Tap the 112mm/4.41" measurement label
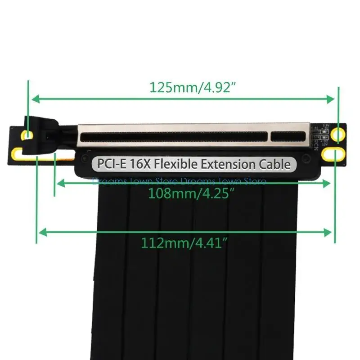[x=184, y=243]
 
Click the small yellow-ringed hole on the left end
[x=27, y=134]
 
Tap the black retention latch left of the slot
[x=49, y=130]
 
